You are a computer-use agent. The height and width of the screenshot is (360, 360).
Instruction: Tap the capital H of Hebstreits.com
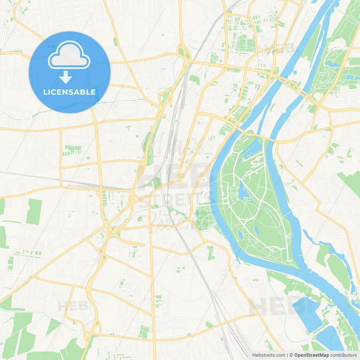pyautogui.click(x=253, y=354)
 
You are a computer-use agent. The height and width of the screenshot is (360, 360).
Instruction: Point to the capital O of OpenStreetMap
pyautogui.click(x=294, y=354)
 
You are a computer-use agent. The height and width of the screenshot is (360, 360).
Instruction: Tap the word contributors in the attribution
pyautogui.click(x=344, y=354)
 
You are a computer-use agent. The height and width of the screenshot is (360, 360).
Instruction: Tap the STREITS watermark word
pyautogui.click(x=177, y=197)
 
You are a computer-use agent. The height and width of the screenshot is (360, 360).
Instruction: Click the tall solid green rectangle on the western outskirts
pyautogui.click(x=34, y=211)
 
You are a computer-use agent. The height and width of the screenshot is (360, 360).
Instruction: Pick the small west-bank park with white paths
pyautogui.click(x=203, y=217)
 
